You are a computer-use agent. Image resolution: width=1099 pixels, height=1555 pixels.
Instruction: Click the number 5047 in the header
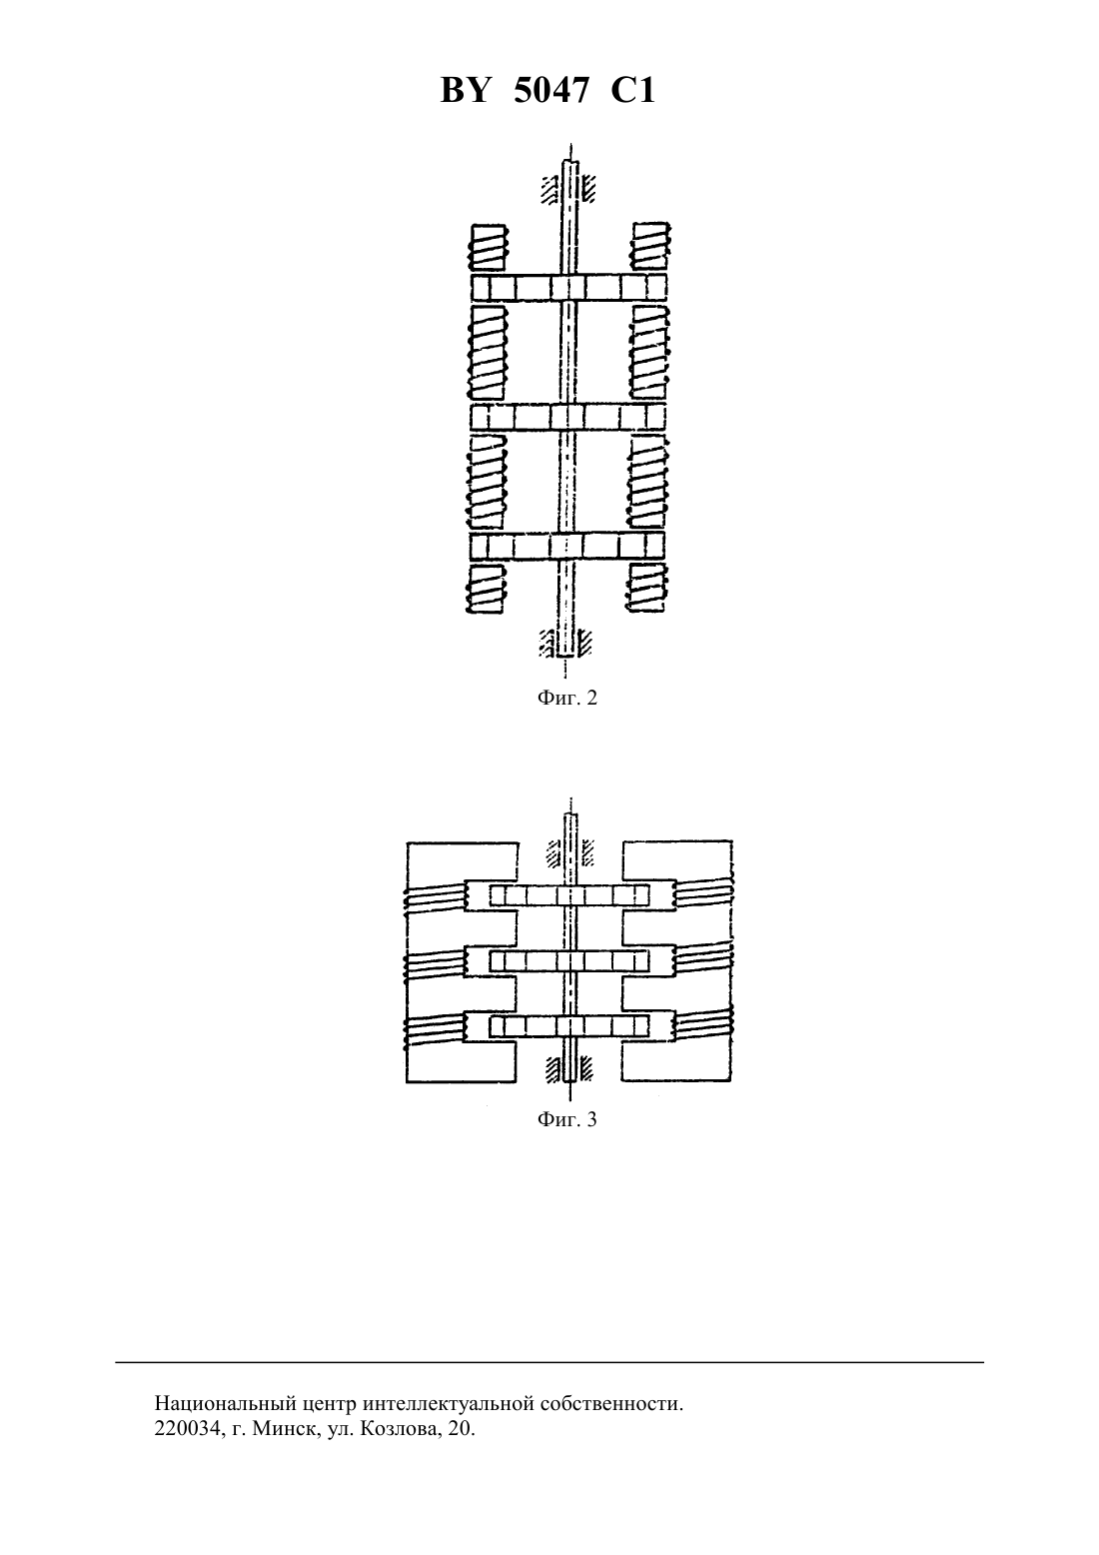click(550, 91)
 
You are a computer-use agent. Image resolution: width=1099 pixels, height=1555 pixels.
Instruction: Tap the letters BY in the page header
click(465, 91)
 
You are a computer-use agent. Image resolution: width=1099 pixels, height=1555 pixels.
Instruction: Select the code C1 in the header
click(632, 91)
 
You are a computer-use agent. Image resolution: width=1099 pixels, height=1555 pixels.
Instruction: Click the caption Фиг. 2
click(566, 698)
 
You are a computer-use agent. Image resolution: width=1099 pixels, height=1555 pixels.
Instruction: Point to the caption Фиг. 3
click(566, 1119)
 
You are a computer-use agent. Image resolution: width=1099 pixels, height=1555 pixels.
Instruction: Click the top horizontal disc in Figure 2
click(568, 286)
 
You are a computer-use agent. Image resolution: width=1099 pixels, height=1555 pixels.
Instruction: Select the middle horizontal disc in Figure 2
click(568, 417)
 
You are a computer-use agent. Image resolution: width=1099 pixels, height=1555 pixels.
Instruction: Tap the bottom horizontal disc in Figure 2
click(566, 546)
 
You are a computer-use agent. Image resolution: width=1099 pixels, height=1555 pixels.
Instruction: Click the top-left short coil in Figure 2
click(488, 247)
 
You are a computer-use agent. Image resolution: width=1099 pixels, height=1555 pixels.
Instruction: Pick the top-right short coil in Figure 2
click(650, 246)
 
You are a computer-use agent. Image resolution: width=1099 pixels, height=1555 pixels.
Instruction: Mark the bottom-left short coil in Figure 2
click(485, 588)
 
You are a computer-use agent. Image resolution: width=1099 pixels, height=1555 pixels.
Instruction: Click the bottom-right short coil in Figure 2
click(646, 588)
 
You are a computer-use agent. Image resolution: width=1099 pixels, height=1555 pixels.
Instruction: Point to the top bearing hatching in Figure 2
click(568, 188)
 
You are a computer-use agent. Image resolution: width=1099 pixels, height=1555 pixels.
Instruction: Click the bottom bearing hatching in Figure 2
click(565, 643)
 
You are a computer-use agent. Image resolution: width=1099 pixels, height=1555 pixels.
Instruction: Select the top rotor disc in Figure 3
click(569, 895)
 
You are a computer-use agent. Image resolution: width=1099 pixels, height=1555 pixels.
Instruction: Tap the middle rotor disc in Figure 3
click(569, 960)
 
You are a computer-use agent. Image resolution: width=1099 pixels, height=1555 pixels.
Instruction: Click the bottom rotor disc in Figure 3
click(569, 1026)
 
